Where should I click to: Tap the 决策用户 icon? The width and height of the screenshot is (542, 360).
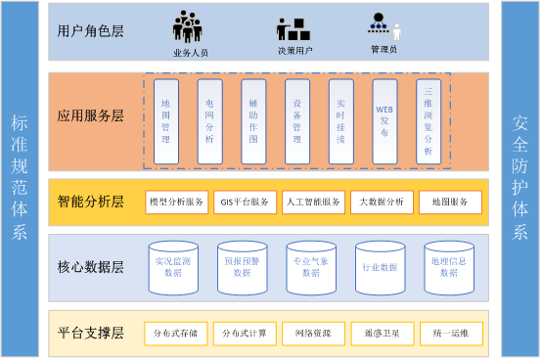tap(293, 28)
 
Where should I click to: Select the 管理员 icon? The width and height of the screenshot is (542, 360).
tap(384, 26)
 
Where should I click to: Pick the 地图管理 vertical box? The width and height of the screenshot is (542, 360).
tap(166, 120)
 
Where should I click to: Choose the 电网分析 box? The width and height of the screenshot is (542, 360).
tap(209, 120)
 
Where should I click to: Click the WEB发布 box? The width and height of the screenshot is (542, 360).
tap(384, 120)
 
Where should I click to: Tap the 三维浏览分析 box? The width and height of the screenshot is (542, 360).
tap(429, 120)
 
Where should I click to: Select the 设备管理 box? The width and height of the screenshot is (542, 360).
tap(296, 120)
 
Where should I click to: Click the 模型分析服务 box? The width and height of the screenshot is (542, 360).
tap(176, 202)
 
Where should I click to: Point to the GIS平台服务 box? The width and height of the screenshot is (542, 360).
tap(245, 202)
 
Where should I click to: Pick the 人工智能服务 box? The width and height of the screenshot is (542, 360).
tap(313, 202)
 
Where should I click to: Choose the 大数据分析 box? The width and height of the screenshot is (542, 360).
tap(382, 202)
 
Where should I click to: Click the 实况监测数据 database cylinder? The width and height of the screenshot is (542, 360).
tap(173, 267)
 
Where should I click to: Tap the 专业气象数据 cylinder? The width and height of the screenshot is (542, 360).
tap(311, 267)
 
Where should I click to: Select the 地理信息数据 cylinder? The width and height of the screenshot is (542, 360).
tap(449, 267)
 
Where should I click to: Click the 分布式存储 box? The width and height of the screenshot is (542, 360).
tap(176, 334)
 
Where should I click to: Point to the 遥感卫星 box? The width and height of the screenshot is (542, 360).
tap(382, 334)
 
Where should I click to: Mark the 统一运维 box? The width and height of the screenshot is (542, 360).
tap(451, 334)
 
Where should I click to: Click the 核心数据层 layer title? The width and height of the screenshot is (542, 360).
tap(90, 267)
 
